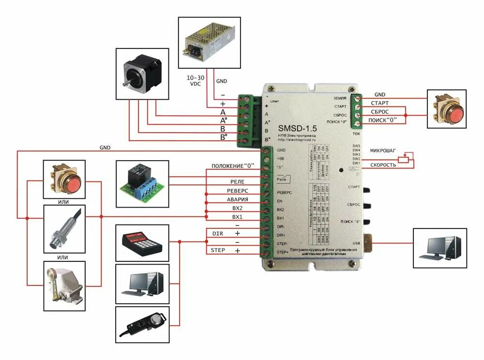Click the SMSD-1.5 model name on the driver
(297, 129)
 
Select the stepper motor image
(141, 74)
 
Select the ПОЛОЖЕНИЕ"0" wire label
(233, 166)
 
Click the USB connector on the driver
(369, 242)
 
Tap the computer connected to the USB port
(441, 247)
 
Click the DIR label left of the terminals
(217, 233)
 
